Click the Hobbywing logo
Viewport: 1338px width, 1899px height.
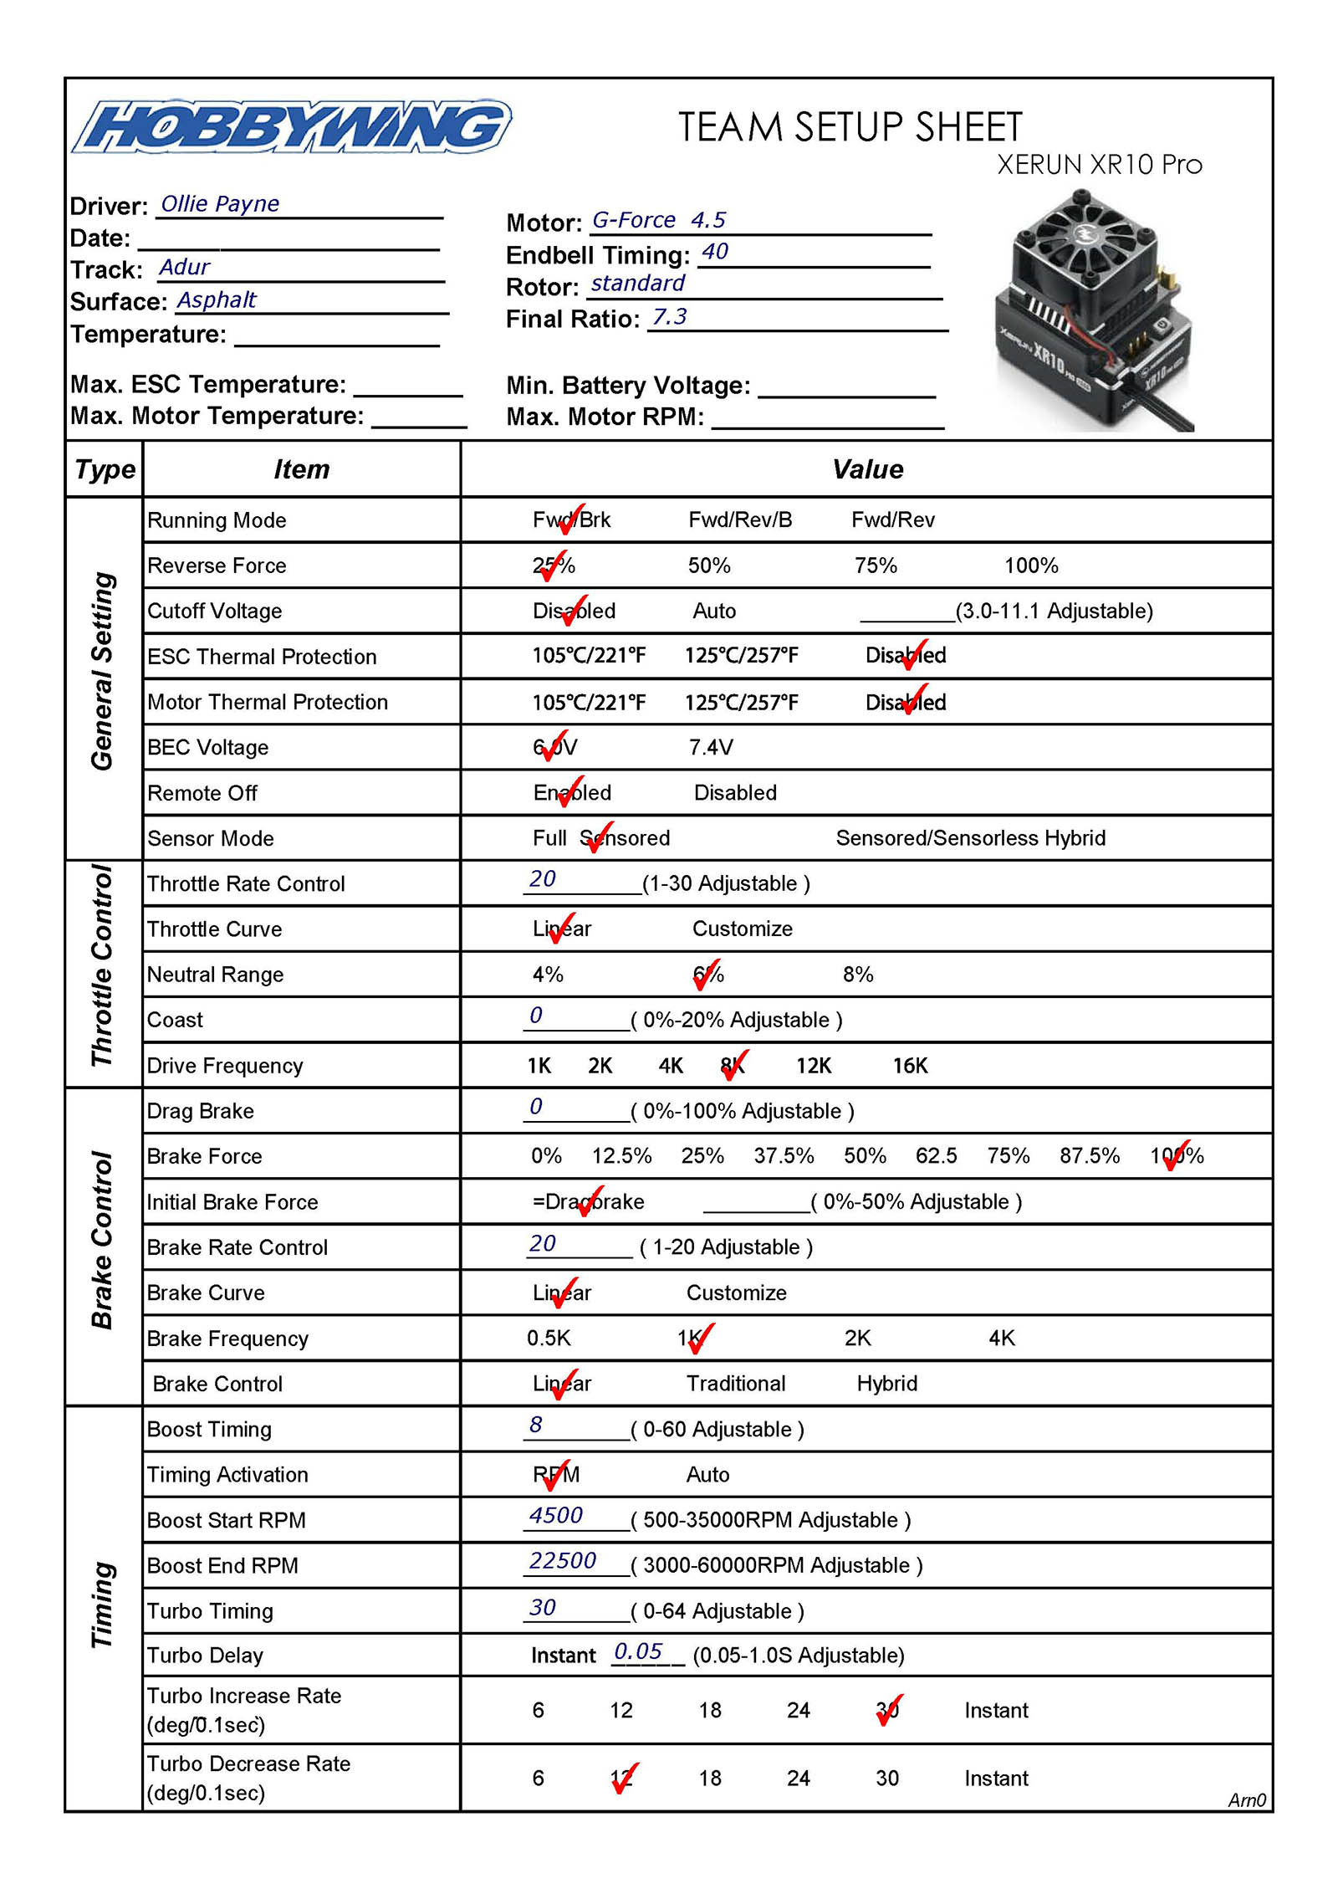click(x=291, y=127)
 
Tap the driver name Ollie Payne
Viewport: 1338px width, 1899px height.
click(x=220, y=204)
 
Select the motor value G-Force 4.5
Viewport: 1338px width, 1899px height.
click(x=659, y=220)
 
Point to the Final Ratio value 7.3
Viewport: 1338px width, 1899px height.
click(x=669, y=317)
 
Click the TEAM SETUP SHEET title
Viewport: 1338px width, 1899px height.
click(x=850, y=128)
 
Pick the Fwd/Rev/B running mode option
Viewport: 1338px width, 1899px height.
click(x=739, y=520)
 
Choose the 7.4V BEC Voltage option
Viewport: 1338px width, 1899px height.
click(x=710, y=747)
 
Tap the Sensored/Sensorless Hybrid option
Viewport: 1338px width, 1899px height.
click(x=970, y=838)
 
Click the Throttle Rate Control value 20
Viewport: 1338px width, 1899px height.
click(x=543, y=879)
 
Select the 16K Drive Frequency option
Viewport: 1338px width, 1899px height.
click(x=910, y=1066)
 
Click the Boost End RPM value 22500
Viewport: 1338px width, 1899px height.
click(x=562, y=1561)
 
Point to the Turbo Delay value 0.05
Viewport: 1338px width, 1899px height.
click(x=638, y=1651)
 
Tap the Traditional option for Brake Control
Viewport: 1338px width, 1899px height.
click(x=736, y=1384)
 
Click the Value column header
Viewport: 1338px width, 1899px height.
click(x=867, y=469)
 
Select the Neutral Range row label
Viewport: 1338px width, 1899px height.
click(x=215, y=975)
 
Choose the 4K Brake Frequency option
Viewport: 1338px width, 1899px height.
click(x=1002, y=1339)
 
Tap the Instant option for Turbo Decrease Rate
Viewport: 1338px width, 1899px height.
click(x=996, y=1778)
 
